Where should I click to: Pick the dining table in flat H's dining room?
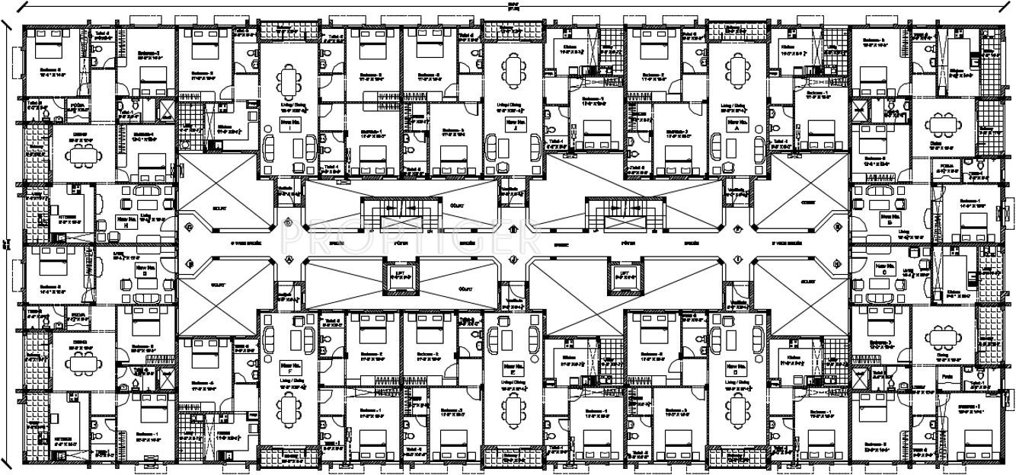80,156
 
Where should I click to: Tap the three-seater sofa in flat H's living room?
145,193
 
